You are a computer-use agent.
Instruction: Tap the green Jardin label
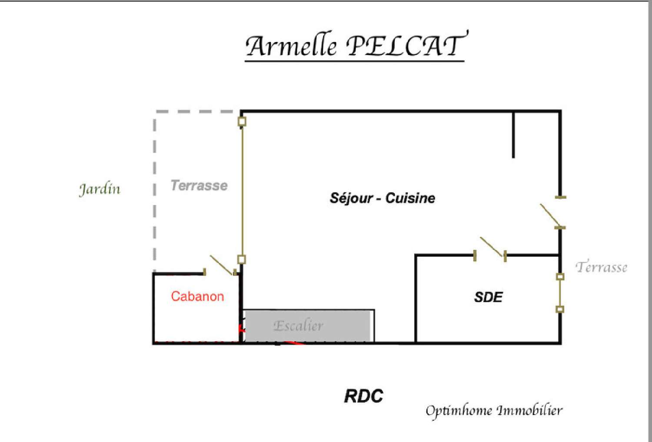(100, 189)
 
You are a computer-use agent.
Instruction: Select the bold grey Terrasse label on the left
(199, 186)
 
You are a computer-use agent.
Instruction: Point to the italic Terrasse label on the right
(602, 267)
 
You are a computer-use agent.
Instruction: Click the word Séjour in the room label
(351, 198)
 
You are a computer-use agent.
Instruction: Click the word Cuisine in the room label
(410, 198)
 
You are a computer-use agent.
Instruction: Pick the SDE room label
(488, 297)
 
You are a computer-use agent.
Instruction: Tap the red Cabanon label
(197, 296)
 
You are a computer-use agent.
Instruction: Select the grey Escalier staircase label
(298, 326)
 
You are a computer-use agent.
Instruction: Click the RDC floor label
(363, 396)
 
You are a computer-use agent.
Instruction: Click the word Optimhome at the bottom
(459, 410)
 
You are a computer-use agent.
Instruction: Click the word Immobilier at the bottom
(529, 410)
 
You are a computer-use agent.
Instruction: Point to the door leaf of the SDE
(492, 247)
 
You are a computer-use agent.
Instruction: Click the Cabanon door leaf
(222, 265)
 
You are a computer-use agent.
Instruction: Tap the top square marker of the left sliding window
(242, 121)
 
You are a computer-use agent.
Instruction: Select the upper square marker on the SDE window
(560, 276)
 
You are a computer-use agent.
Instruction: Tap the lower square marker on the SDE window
(560, 309)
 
